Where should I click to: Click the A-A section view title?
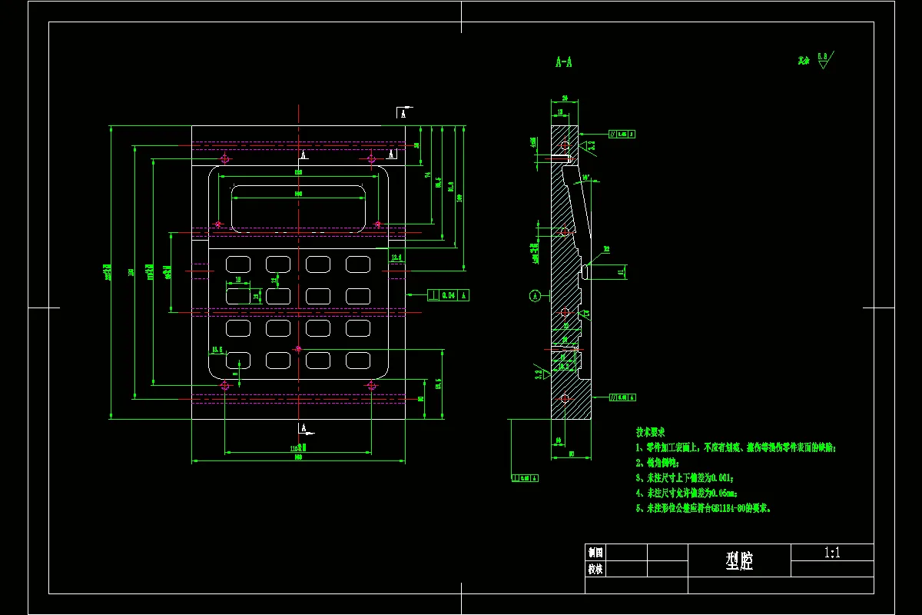point(563,62)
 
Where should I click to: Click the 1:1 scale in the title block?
point(832,552)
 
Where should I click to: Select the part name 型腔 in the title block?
point(739,562)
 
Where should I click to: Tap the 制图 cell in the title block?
point(595,552)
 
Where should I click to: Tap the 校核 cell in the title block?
point(595,570)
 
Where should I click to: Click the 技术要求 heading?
point(650,433)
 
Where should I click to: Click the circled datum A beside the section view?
point(535,294)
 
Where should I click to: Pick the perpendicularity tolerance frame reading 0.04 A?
point(448,295)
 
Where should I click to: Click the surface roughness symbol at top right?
point(823,60)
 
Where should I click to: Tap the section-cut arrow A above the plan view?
point(402,112)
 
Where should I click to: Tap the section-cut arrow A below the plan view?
point(303,428)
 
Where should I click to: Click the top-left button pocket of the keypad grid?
point(237,264)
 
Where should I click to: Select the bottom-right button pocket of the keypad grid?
point(357,359)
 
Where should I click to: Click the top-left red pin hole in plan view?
point(224,159)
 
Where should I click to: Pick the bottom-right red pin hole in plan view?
point(372,385)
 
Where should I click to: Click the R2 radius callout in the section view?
point(605,249)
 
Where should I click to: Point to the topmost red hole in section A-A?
point(565,145)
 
